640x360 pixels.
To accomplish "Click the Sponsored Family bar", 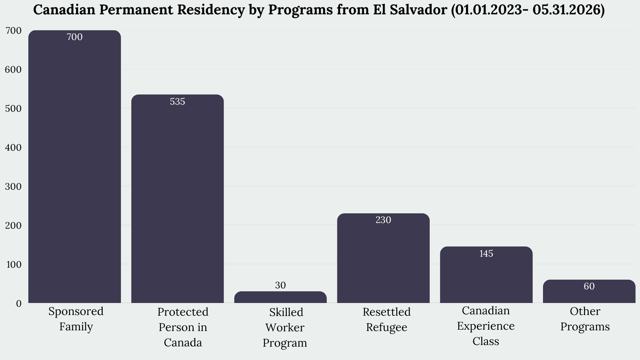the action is click(75, 167).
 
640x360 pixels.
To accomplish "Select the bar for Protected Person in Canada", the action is click(177, 199).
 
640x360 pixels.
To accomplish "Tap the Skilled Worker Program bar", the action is click(280, 297).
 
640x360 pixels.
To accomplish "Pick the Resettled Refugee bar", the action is click(383, 258).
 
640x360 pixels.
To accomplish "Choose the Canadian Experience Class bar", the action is click(486, 275).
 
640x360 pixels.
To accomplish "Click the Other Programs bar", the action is click(589, 291).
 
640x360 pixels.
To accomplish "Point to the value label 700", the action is click(75, 37).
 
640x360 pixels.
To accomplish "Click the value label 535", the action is click(177, 102).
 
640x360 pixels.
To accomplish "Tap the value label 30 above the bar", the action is click(280, 285).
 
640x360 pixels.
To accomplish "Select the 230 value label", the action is click(383, 220).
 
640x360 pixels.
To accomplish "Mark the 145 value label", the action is click(486, 254).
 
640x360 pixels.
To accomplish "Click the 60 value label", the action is click(589, 286).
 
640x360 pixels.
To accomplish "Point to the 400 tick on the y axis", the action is click(13, 148).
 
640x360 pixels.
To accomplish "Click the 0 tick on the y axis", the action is click(19, 304).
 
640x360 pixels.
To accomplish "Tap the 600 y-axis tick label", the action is click(13, 70).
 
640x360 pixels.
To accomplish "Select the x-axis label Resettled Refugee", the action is click(387, 319).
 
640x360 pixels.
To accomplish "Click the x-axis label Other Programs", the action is click(585, 319).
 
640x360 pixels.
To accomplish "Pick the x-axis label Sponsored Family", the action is click(76, 319).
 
